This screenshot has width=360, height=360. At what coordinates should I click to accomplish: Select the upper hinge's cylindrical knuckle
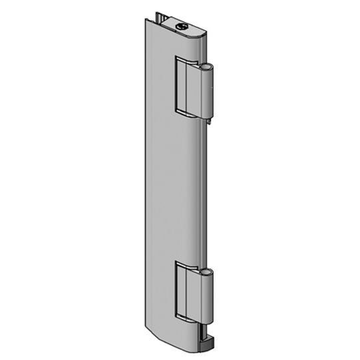coord(208,92)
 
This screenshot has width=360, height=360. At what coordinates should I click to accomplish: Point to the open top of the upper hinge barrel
coord(208,67)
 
